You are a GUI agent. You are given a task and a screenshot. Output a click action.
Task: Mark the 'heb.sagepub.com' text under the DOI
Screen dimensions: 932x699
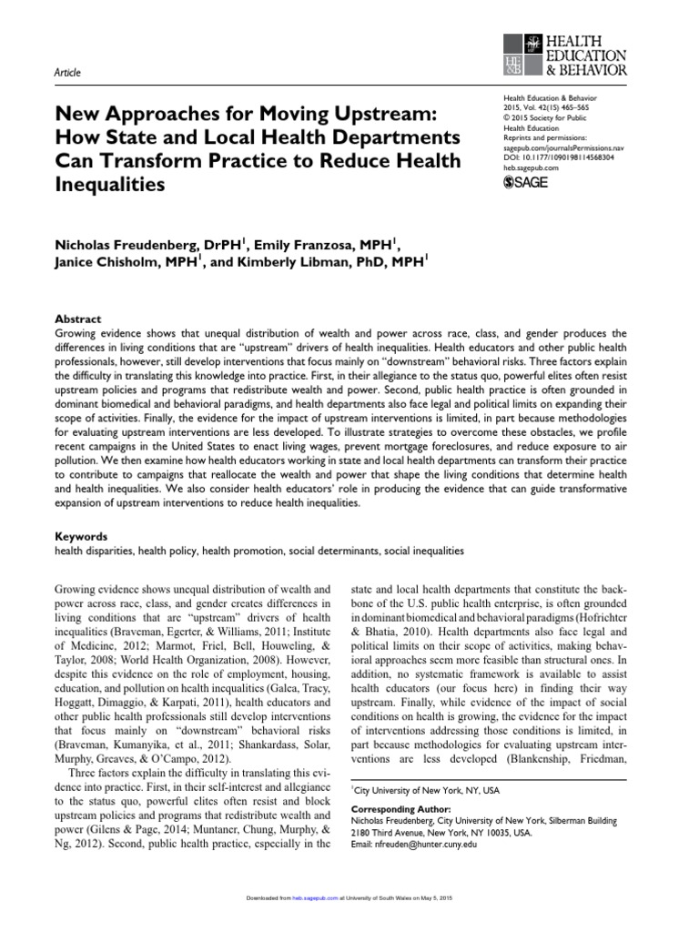pos(532,167)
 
